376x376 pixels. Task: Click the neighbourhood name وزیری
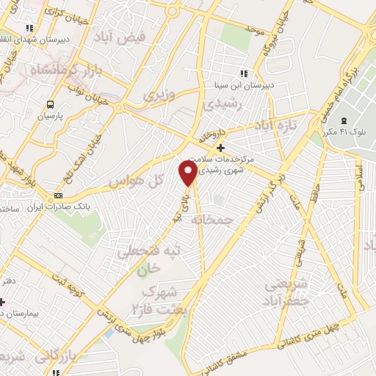pyautogui.click(x=159, y=95)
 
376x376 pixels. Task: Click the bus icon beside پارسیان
pyautogui.click(x=51, y=104)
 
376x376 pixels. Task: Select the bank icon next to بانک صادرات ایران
pyautogui.click(x=59, y=196)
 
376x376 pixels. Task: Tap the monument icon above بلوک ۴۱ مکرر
pyautogui.click(x=344, y=120)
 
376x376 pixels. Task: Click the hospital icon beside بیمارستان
pyautogui.click(x=3, y=302)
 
